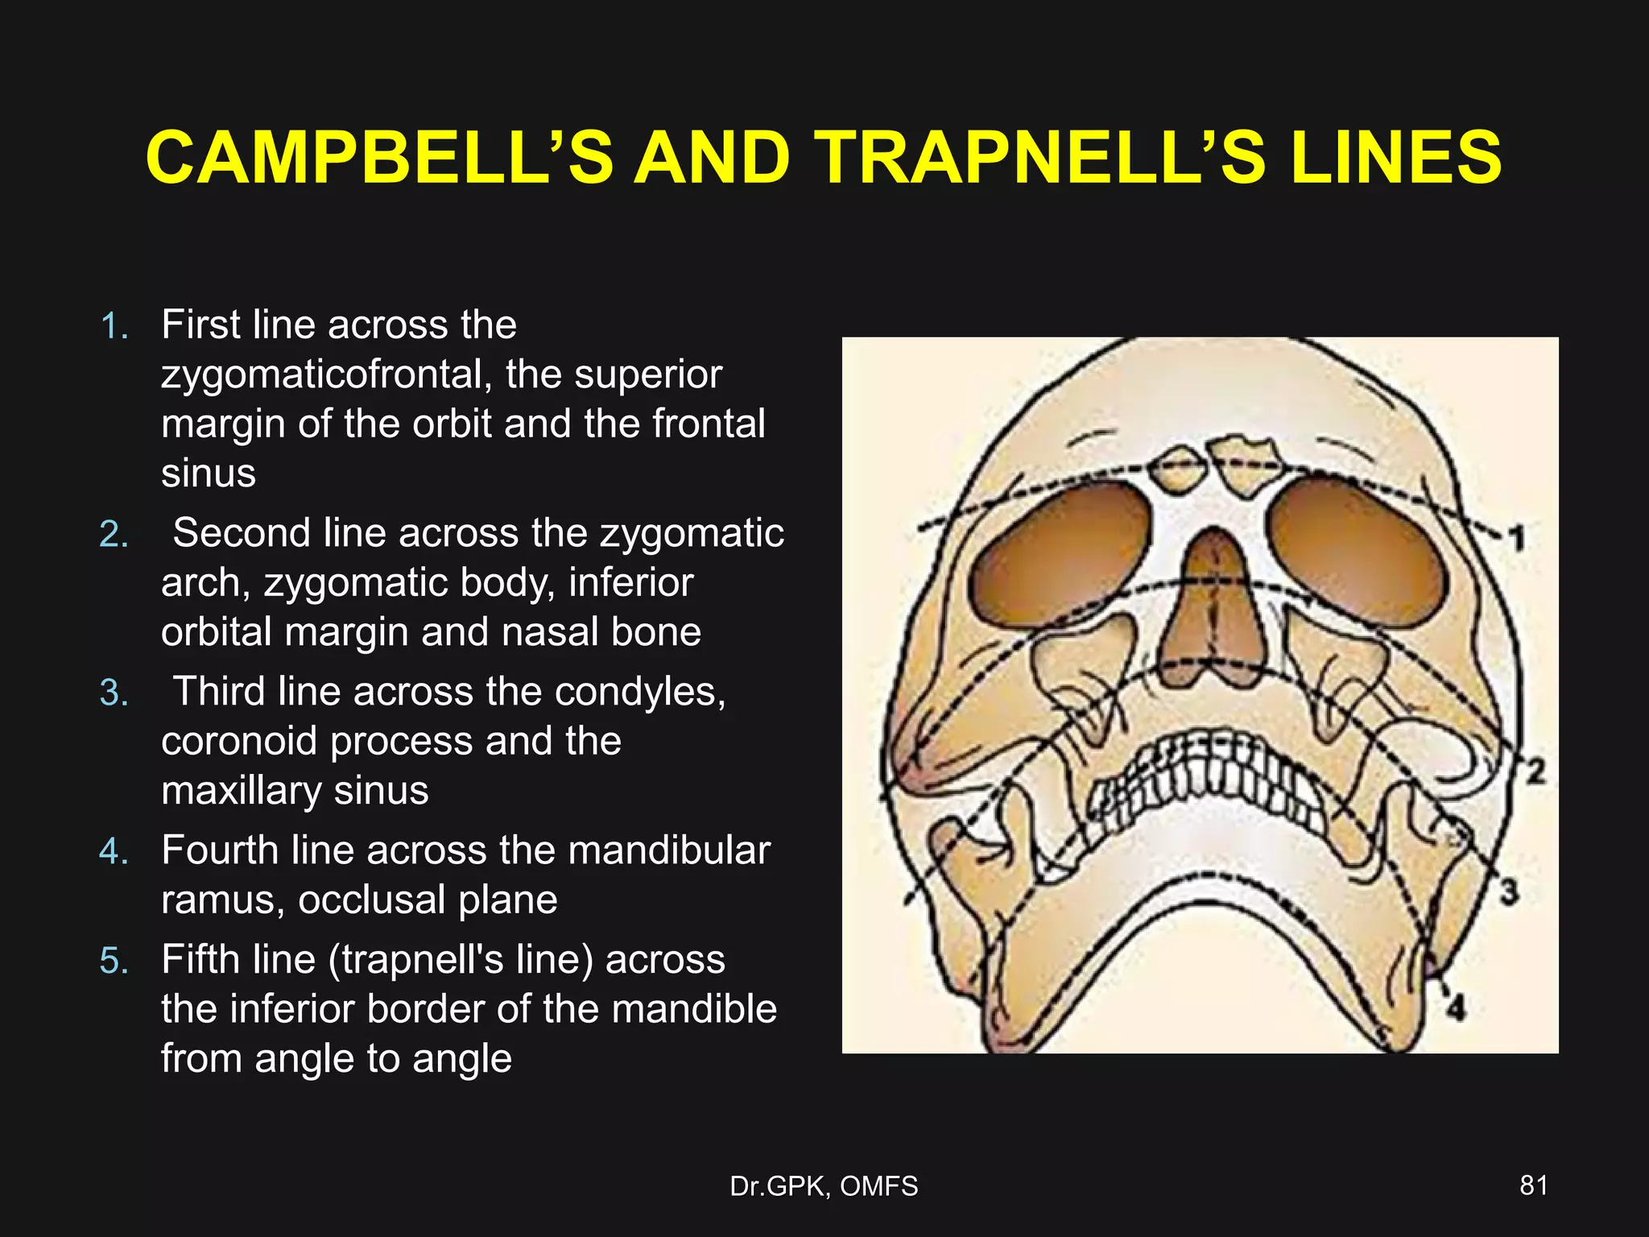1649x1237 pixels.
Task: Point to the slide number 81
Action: pyautogui.click(x=1533, y=1185)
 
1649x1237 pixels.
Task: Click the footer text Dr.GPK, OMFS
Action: pyautogui.click(x=824, y=1186)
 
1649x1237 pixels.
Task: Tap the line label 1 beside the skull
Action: pyautogui.click(x=1516, y=538)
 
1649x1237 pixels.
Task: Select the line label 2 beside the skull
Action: pyautogui.click(x=1535, y=771)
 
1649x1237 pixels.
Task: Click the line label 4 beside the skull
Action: pyautogui.click(x=1456, y=1006)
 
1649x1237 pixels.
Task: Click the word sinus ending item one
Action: pyautogui.click(x=209, y=474)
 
